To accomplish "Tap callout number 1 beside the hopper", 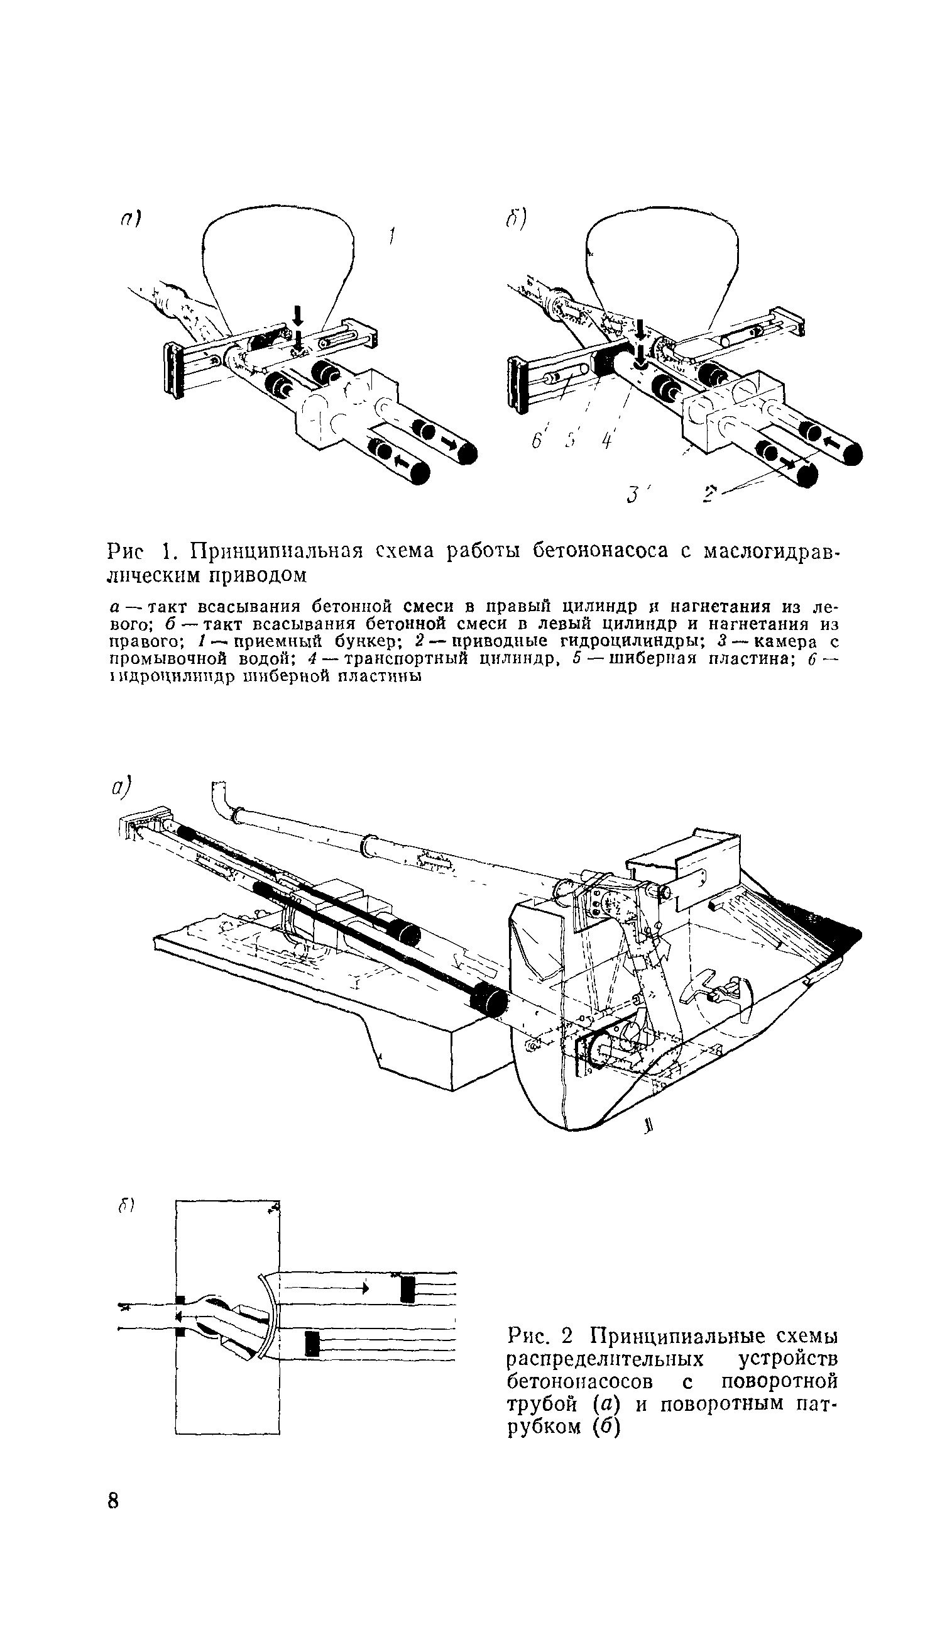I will (x=393, y=238).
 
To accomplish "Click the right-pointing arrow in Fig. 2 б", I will (x=365, y=1289).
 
